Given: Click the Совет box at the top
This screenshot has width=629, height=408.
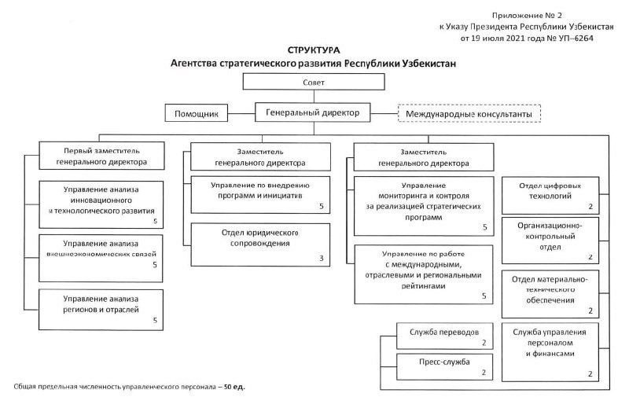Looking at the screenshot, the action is click(x=314, y=82).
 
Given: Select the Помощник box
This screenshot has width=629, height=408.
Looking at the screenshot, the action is click(x=196, y=113).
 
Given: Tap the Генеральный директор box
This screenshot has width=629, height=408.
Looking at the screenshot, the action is click(x=312, y=112).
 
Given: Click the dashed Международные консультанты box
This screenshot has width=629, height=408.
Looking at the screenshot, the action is click(x=469, y=113).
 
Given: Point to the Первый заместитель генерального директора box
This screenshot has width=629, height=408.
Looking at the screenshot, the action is click(x=101, y=156).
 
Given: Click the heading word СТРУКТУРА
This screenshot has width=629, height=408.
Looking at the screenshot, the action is click(x=314, y=50).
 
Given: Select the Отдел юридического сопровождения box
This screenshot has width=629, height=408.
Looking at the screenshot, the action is click(x=260, y=244).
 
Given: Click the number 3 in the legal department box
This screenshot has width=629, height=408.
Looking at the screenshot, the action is click(x=322, y=259).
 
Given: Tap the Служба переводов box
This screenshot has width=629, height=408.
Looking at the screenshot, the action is click(x=444, y=336).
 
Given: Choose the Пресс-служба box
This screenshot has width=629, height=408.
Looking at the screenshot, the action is click(x=444, y=366).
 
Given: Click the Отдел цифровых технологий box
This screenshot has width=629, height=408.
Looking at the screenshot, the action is click(x=550, y=196).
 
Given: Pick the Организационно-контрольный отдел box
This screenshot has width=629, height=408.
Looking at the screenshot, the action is click(x=550, y=241).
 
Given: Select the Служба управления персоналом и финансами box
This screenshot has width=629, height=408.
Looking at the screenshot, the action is click(x=550, y=352).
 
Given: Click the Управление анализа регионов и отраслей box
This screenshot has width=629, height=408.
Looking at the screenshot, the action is click(x=101, y=310).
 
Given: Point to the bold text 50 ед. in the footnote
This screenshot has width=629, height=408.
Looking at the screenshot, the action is click(x=234, y=387).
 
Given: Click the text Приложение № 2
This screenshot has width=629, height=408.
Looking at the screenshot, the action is click(x=527, y=15).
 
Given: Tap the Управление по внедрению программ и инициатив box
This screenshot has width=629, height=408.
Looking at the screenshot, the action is click(x=260, y=195).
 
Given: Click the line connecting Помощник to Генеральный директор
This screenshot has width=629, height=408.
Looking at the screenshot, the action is click(x=241, y=113).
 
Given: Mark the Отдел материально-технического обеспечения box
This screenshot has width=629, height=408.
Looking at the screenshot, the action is click(x=550, y=294).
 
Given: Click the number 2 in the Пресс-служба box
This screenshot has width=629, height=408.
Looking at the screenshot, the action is click(x=484, y=373).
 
